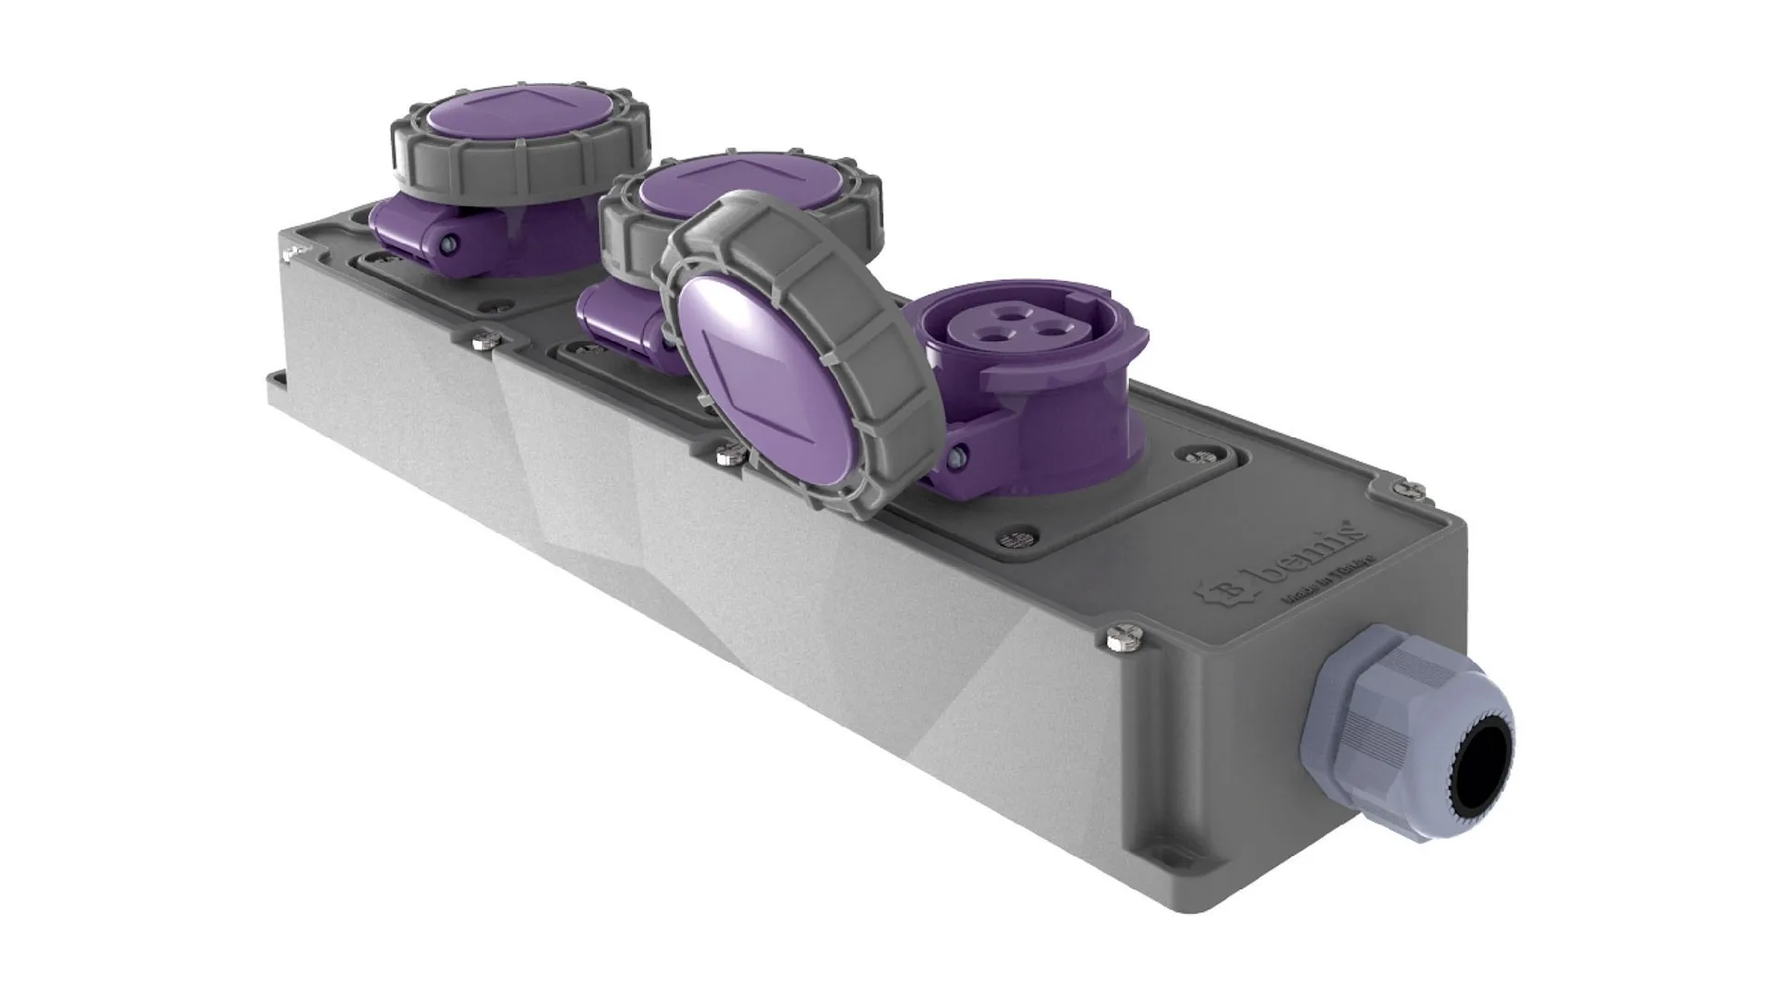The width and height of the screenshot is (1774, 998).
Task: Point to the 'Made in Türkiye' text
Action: click(1325, 591)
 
